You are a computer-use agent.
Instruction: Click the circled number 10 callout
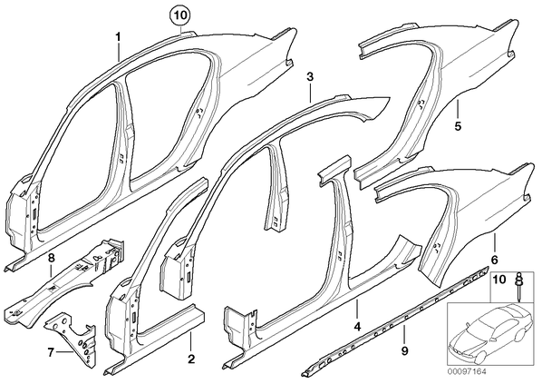coord(182,15)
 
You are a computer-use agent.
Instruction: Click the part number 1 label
coord(118,36)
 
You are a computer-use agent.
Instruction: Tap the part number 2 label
coord(191,359)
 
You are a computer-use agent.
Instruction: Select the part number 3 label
coord(310,77)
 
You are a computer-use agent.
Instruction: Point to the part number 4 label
coord(357,326)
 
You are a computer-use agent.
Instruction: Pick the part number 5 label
coord(458,126)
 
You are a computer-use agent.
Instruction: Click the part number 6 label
coord(494,259)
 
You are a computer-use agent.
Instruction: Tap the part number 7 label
coord(51,352)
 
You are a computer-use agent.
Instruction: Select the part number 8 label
coord(51,258)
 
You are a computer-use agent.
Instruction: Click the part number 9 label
coord(404,351)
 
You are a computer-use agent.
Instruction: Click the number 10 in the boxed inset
coord(498,279)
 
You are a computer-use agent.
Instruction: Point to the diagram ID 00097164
coord(467,372)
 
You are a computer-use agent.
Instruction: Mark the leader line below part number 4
coord(357,309)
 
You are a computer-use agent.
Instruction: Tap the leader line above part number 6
coord(494,242)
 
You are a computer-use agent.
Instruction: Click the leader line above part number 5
coord(458,109)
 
